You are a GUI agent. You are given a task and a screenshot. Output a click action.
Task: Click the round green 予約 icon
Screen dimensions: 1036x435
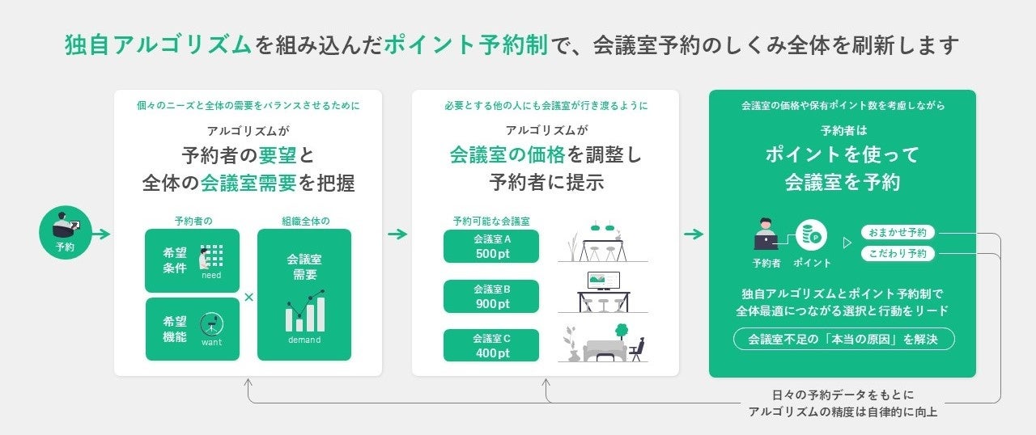[65, 234]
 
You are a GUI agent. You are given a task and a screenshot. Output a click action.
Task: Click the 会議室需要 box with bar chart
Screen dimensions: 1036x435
[304, 294]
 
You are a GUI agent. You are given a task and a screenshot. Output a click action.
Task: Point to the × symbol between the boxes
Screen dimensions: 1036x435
[248, 298]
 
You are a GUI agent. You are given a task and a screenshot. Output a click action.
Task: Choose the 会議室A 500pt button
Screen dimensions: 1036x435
[491, 246]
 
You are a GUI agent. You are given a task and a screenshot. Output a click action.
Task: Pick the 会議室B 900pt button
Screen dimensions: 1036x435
[491, 296]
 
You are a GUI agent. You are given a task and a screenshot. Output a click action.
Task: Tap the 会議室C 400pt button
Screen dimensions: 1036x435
[491, 345]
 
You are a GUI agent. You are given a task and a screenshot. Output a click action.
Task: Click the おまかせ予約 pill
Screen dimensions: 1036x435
[898, 232]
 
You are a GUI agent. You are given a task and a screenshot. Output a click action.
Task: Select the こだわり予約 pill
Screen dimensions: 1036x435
[898, 254]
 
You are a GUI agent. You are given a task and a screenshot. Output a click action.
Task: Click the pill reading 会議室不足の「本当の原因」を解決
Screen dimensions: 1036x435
[843, 339]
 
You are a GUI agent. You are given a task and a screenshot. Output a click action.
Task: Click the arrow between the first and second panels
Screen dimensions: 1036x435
[397, 234]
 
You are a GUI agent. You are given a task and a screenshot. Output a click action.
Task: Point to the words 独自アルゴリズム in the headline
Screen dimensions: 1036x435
[158, 45]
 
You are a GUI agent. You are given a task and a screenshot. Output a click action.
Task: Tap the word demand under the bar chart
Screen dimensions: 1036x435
[304, 340]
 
